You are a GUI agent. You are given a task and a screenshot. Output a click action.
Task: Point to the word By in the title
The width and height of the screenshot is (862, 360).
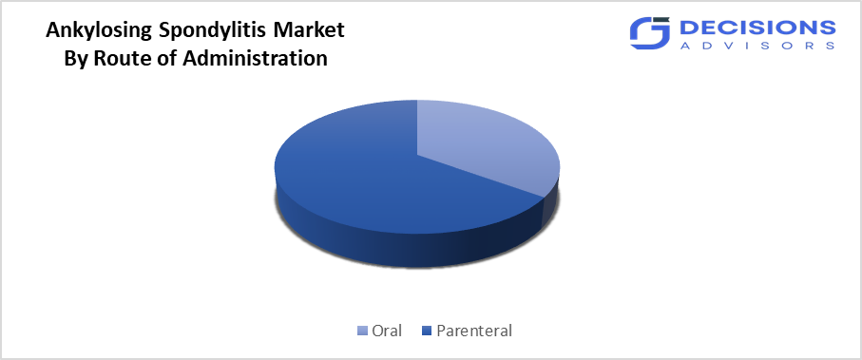pyautogui.click(x=76, y=58)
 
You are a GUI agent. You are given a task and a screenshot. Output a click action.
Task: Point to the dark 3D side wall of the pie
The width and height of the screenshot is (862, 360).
pyautogui.click(x=399, y=249)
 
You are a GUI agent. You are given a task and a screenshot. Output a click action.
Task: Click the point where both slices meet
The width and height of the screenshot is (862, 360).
pyautogui.click(x=417, y=153)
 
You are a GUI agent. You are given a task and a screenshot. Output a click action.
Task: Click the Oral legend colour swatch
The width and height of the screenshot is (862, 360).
pyautogui.click(x=362, y=331)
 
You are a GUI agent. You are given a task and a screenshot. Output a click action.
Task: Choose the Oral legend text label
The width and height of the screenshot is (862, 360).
pyautogui.click(x=387, y=331)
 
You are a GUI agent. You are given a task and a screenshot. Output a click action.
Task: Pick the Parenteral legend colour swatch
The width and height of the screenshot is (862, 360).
pyautogui.click(x=427, y=331)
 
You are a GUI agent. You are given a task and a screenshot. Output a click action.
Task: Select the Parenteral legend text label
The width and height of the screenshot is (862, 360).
pyautogui.click(x=473, y=331)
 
